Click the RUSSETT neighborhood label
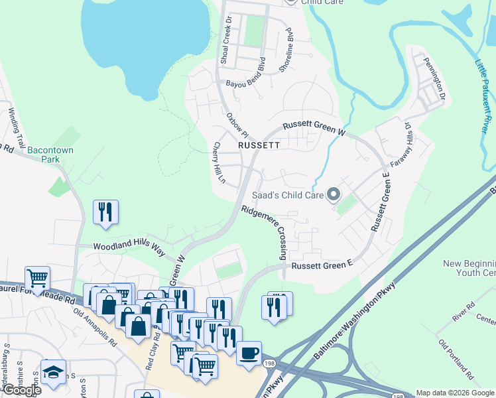pyautogui.click(x=259, y=144)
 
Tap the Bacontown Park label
pyautogui.click(x=50, y=155)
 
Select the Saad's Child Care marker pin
pyautogui.click(x=334, y=195)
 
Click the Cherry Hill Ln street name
pyautogui.click(x=219, y=164)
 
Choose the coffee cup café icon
pyautogui.click(x=249, y=353)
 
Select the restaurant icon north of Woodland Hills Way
pyautogui.click(x=105, y=212)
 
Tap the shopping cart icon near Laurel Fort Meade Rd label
pyautogui.click(x=37, y=278)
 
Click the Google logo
pyautogui.click(x=21, y=389)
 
